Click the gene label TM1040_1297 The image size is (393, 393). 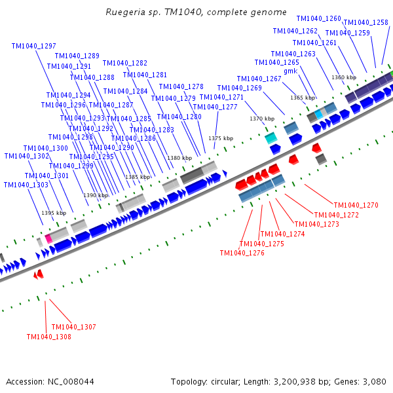[x=33, y=46]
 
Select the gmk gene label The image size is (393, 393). [x=290, y=71]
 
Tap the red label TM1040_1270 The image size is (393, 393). [x=356, y=205]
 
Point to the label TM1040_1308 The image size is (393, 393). [x=48, y=337]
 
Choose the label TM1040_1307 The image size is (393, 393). [x=73, y=327]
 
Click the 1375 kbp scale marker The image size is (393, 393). [x=221, y=138]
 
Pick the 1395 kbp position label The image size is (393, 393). [x=53, y=213]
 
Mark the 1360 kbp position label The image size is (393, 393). [x=344, y=77]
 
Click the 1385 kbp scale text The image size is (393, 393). [x=137, y=177]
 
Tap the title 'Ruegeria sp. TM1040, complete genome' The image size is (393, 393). [x=196, y=12]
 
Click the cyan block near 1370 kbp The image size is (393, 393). [x=271, y=138]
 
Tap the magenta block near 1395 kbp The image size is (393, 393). [x=48, y=238]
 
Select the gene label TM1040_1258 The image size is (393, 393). [x=365, y=22]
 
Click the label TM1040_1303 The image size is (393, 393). [x=26, y=185]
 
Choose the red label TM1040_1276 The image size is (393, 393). [x=242, y=253]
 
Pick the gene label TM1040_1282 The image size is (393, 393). [x=125, y=63]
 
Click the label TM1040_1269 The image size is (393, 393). [x=239, y=88]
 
